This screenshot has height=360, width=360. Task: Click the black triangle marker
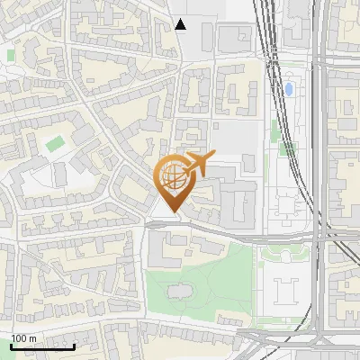tap(181, 24)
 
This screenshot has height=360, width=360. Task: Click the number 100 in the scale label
tap(19, 338)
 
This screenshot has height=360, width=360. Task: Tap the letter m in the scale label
tap(32, 338)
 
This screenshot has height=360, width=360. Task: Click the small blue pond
tap(289, 89)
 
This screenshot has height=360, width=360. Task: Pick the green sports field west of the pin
tap(55, 143)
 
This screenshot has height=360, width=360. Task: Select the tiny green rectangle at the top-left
tap(11, 56)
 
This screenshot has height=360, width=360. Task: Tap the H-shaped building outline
tap(286, 291)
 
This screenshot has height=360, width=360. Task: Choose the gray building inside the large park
tap(177, 292)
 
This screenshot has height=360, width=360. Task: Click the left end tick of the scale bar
tap(11, 346)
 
